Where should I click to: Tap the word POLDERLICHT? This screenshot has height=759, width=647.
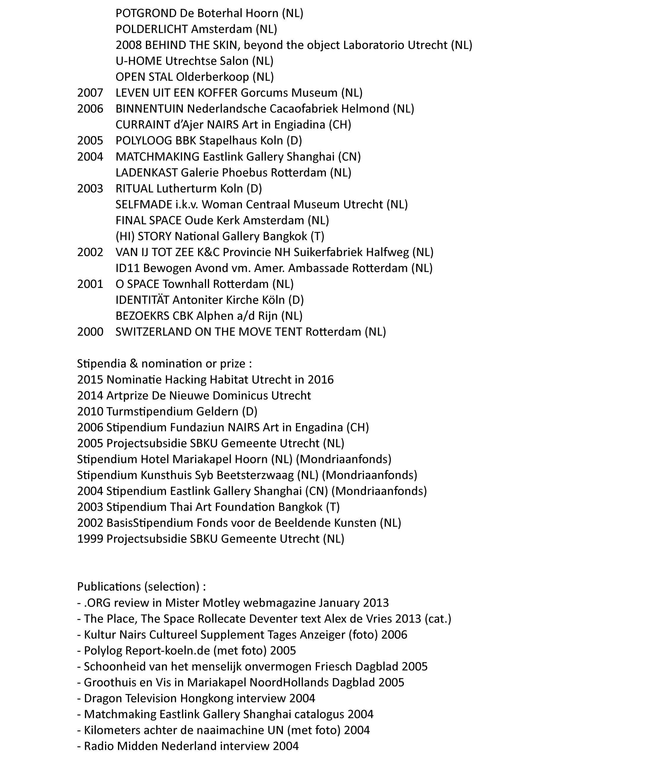pos(152,29)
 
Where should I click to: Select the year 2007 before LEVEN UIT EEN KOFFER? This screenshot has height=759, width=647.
pos(90,93)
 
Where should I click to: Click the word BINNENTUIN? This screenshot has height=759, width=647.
pos(149,109)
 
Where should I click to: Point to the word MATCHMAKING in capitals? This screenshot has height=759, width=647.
pos(157,157)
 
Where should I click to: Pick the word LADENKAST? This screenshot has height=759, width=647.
pos(146,173)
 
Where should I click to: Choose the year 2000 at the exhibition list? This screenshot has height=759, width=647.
pos(90,332)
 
